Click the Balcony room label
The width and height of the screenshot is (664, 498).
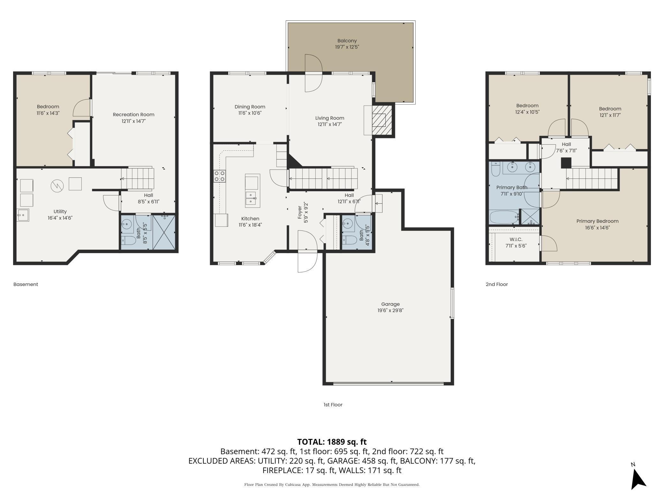[347, 41]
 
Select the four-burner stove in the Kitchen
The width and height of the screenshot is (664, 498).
[220, 176]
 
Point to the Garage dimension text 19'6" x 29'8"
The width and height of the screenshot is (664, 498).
[390, 310]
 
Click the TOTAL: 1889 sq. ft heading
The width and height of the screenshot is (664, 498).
[332, 442]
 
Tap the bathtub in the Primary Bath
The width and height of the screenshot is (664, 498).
[504, 217]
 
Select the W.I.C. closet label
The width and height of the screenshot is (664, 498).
[516, 239]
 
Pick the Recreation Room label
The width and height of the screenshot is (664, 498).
[133, 115]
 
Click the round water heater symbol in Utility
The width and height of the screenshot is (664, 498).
[57, 186]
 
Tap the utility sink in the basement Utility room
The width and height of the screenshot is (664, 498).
[23, 215]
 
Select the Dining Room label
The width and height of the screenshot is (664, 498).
[250, 107]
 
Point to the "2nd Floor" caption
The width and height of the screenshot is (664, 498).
[497, 284]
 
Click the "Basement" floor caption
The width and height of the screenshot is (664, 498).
[26, 284]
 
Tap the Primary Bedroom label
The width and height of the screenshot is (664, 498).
[597, 221]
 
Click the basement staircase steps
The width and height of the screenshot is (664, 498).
[138, 179]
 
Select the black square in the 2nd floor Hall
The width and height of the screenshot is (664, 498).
[566, 163]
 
